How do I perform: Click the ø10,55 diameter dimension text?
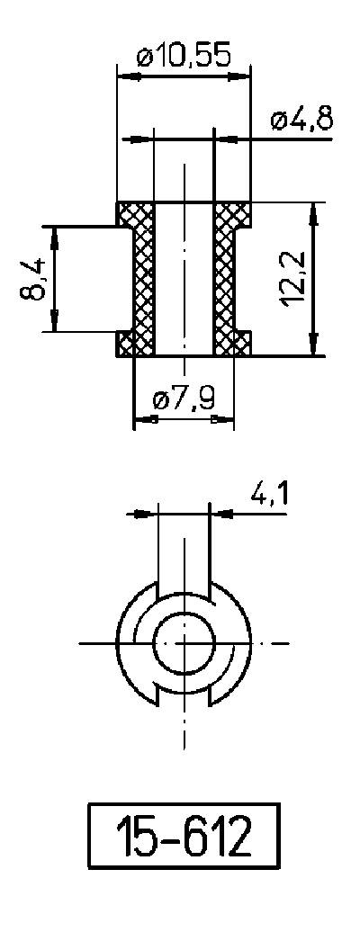(x=184, y=57)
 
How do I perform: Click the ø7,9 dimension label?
(x=184, y=399)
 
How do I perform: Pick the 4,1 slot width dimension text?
(x=262, y=494)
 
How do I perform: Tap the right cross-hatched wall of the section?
(x=224, y=279)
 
